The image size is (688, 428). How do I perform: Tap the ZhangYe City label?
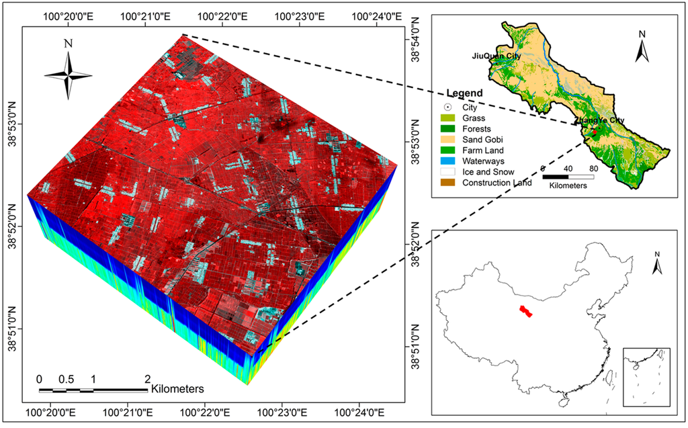599,120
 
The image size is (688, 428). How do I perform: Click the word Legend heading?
464,93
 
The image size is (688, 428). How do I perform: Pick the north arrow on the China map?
658,263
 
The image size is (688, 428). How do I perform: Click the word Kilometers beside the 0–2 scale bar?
178,389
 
